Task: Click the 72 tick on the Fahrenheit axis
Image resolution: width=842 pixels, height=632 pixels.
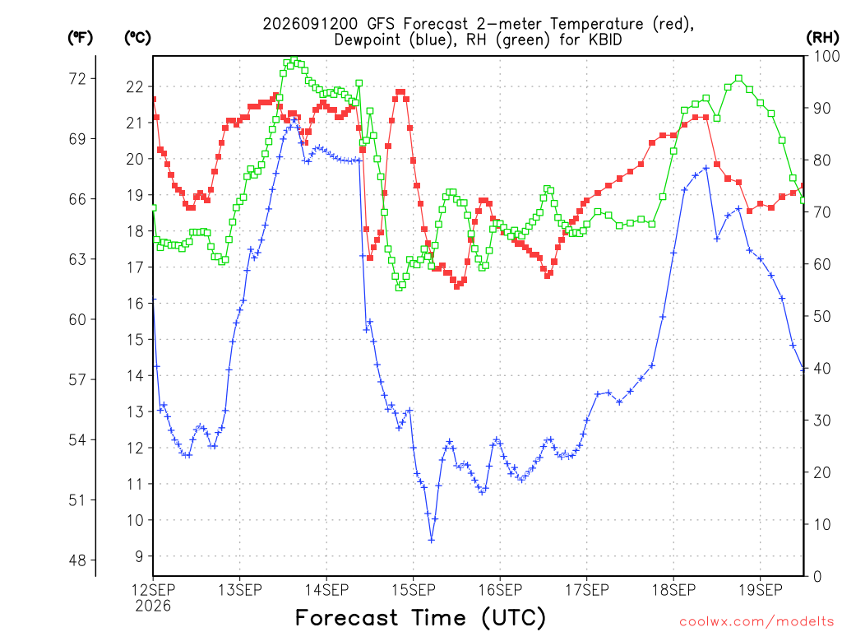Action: [77, 79]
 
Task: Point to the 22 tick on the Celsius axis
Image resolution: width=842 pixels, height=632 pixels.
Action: [135, 87]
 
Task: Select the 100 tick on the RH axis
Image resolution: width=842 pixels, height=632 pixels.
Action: [827, 56]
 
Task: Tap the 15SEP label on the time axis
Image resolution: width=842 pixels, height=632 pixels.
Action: [414, 590]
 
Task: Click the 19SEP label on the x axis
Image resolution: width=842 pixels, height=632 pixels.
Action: [761, 590]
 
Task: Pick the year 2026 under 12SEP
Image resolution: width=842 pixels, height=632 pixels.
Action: [153, 606]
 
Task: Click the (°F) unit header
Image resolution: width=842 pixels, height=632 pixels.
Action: [80, 38]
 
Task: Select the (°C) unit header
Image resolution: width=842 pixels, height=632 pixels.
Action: [137, 38]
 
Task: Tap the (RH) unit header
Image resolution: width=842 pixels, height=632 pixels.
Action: [822, 38]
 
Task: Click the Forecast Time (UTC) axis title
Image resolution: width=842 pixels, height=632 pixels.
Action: [420, 618]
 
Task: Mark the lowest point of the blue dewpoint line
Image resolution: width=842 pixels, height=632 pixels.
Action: [431, 540]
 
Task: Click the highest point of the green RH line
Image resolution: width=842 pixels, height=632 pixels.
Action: [294, 59]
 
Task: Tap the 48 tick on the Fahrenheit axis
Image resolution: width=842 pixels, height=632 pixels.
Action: [77, 560]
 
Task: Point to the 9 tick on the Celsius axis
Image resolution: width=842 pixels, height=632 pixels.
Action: [139, 557]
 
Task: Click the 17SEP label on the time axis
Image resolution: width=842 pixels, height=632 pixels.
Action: [587, 590]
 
